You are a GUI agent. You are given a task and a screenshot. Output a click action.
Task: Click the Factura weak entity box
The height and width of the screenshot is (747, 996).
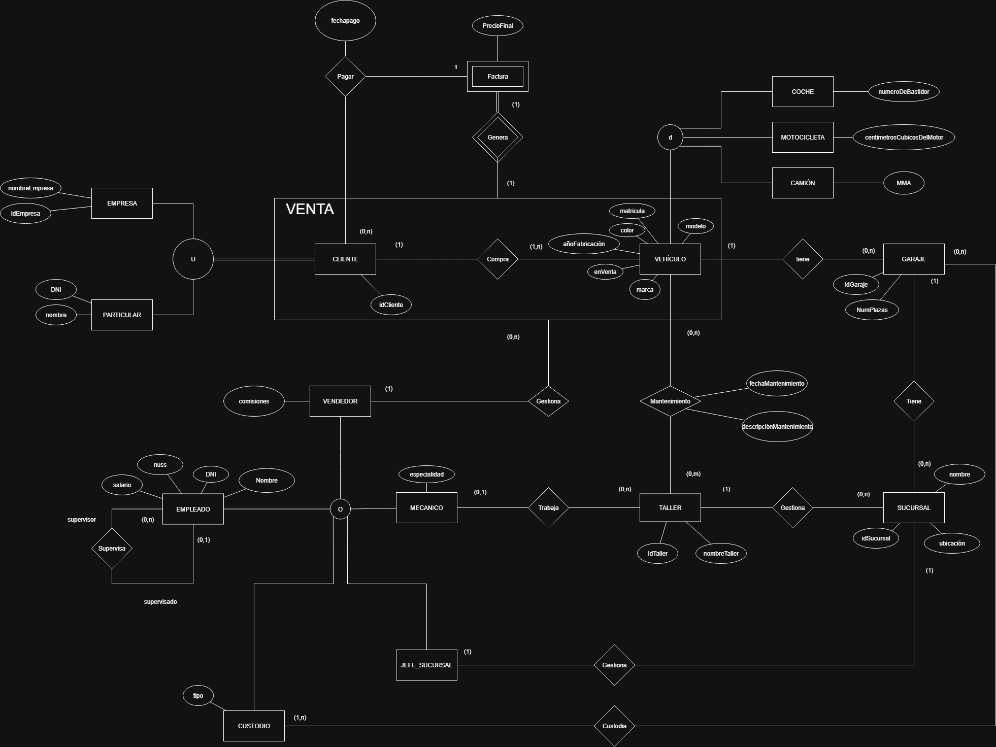pyautogui.click(x=497, y=76)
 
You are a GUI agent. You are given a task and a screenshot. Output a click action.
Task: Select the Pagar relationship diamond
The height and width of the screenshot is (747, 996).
pyautogui.click(x=345, y=76)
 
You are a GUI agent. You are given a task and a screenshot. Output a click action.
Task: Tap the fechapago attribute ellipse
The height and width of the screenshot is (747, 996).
pyautogui.click(x=345, y=21)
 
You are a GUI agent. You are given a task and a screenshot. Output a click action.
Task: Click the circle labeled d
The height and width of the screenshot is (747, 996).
pyautogui.click(x=670, y=137)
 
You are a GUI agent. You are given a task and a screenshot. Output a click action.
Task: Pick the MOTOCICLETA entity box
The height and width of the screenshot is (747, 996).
pyautogui.click(x=802, y=137)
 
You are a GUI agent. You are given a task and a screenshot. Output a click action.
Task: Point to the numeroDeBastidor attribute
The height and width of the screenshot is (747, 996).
pyautogui.click(x=904, y=92)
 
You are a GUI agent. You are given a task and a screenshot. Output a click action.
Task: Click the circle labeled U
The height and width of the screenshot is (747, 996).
pyautogui.click(x=193, y=259)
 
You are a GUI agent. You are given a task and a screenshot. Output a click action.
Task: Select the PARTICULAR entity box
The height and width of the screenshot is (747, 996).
pyautogui.click(x=122, y=315)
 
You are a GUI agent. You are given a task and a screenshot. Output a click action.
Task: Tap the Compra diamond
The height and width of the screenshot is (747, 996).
pyautogui.click(x=497, y=259)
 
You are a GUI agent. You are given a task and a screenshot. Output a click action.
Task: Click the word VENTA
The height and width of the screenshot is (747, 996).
pyautogui.click(x=310, y=209)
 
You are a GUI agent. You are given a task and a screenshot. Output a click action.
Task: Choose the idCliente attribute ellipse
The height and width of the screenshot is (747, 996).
pyautogui.click(x=391, y=304)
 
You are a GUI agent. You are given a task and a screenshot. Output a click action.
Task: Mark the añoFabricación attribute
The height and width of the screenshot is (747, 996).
pyautogui.click(x=584, y=244)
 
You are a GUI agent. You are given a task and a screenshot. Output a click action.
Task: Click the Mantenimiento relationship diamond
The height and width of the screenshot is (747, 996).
pyautogui.click(x=670, y=401)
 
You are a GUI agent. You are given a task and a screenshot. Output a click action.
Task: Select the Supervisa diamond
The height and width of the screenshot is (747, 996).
pyautogui.click(x=112, y=548)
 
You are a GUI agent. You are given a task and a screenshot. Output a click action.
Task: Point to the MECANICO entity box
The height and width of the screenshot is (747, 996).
pyautogui.click(x=426, y=507)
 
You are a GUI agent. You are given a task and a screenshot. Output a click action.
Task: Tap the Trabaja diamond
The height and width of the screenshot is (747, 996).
pyautogui.click(x=548, y=507)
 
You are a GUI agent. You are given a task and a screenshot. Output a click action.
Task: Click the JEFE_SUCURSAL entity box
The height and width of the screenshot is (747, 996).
pyautogui.click(x=426, y=665)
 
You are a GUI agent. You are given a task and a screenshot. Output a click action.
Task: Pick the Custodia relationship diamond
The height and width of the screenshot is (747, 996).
pyautogui.click(x=614, y=726)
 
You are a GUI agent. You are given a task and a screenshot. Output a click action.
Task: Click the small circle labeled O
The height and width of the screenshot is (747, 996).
pyautogui.click(x=340, y=509)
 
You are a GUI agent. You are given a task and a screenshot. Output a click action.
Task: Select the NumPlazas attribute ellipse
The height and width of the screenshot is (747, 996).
pyautogui.click(x=872, y=310)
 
